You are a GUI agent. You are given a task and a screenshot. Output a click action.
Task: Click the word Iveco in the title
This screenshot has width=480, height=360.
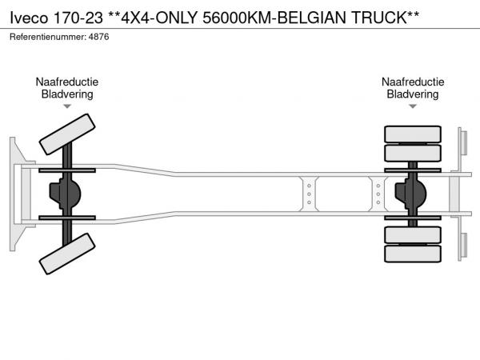tap(29, 18)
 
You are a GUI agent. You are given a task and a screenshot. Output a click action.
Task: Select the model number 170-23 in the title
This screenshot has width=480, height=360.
tap(78, 18)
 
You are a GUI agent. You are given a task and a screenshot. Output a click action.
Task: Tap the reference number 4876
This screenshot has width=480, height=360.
tap(98, 37)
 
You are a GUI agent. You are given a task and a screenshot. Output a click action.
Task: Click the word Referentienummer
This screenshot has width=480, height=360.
tap(47, 37)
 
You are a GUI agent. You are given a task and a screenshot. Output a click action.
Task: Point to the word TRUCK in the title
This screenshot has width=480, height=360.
tap(379, 18)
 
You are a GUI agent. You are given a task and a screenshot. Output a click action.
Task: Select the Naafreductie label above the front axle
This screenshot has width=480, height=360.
tap(67, 82)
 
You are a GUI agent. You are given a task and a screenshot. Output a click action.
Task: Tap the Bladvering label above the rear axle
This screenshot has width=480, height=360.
tap(413, 94)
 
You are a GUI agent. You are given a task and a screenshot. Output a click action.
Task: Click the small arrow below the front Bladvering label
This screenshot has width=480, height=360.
tap(67, 106)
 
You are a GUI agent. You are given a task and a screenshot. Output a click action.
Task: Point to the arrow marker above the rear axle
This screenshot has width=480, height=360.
tap(413, 106)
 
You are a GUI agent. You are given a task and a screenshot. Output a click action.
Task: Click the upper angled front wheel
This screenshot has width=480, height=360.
tap(67, 134)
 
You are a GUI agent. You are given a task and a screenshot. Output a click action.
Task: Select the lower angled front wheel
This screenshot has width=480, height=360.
tap(67, 254)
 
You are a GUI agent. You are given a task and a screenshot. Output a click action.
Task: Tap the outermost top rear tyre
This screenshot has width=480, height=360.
tap(413, 134)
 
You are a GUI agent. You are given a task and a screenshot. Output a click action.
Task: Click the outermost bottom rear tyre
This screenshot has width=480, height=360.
tap(413, 254)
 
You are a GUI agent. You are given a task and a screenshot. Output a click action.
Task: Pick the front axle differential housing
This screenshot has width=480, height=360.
tap(65, 194)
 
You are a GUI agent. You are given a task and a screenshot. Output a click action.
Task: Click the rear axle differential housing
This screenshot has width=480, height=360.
tap(410, 194)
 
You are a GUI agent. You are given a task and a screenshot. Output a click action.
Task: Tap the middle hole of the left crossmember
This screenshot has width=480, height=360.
tap(309, 194)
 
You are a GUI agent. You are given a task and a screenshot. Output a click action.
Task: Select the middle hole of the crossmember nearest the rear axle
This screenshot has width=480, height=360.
tap(378, 194)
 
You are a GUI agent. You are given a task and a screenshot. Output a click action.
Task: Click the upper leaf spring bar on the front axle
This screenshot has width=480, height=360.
tap(67, 170)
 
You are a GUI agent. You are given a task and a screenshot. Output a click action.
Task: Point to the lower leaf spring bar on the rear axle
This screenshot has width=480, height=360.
tap(413, 218)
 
